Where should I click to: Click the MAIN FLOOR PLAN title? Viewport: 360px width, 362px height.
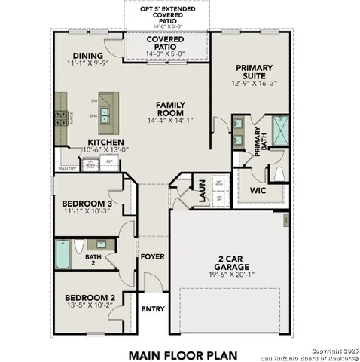[182, 354]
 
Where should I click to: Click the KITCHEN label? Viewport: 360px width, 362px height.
[105, 142]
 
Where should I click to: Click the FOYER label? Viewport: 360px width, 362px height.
[152, 256]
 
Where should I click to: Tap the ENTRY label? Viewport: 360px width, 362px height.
[153, 308]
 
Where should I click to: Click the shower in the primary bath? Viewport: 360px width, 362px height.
[279, 130]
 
